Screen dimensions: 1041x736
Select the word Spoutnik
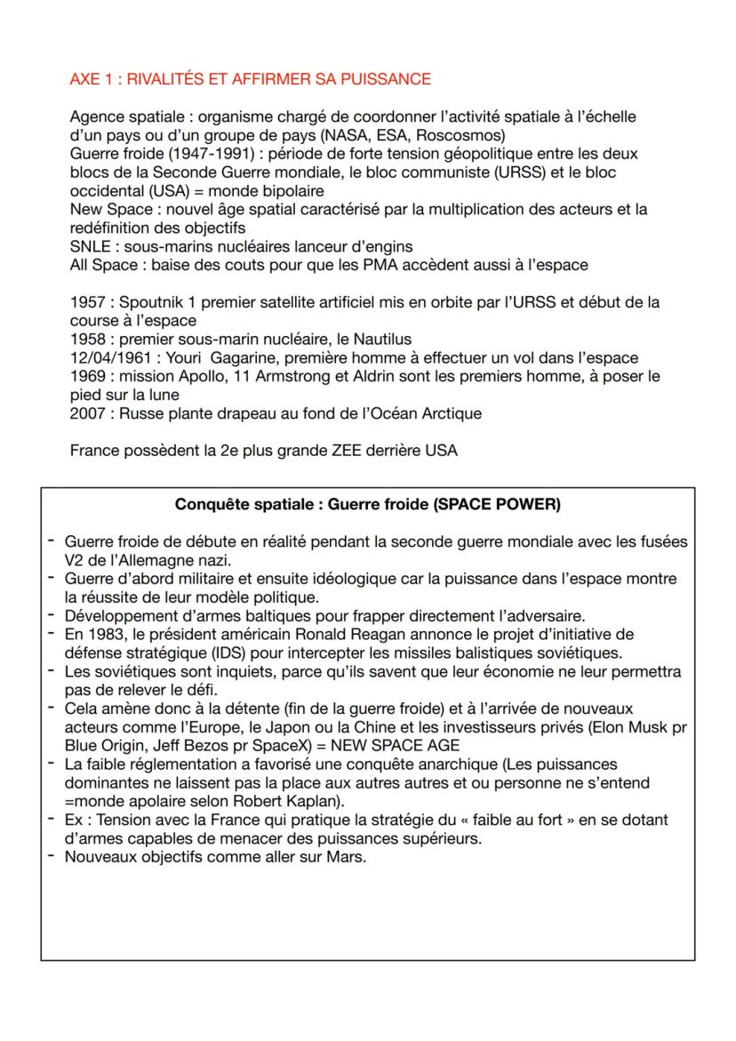tap(151, 302)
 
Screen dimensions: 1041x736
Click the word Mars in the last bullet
tap(346, 857)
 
